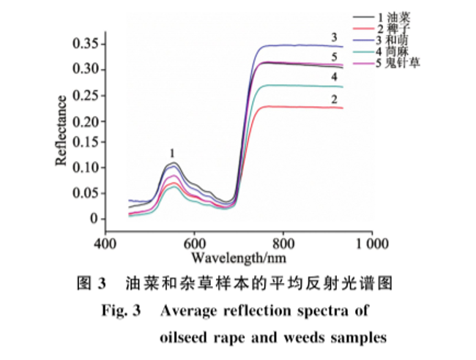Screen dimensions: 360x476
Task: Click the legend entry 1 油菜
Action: point(396,17)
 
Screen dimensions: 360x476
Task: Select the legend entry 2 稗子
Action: point(396,29)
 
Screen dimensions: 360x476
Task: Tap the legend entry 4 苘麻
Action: point(396,52)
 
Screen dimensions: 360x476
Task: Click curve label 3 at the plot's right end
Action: point(333,37)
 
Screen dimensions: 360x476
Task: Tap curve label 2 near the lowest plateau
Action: point(334,98)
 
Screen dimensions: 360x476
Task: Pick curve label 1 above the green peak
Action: point(172,153)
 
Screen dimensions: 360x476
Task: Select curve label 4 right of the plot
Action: point(334,77)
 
